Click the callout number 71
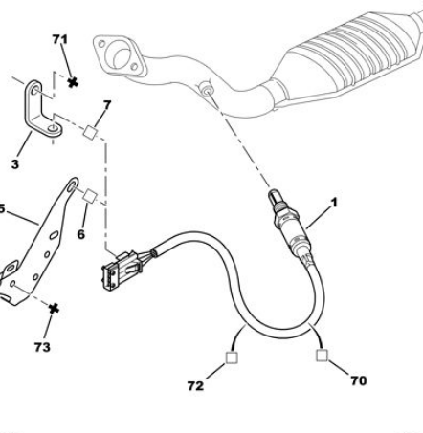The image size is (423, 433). (60, 39)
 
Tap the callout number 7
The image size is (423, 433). (107, 105)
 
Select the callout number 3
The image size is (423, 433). (15, 164)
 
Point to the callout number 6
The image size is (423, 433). (81, 234)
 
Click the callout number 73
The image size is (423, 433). (42, 347)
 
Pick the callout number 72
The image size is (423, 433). (195, 386)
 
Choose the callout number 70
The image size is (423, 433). (359, 380)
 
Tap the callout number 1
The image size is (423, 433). (334, 203)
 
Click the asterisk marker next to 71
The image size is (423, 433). (73, 83)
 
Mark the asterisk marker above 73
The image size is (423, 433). (54, 309)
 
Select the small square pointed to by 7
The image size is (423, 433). (90, 132)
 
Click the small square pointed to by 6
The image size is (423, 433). (90, 196)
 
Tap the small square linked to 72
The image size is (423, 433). (232, 357)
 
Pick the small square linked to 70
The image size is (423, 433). (322, 356)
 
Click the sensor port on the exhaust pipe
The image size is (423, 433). (206, 89)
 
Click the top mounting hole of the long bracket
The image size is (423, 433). (72, 184)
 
